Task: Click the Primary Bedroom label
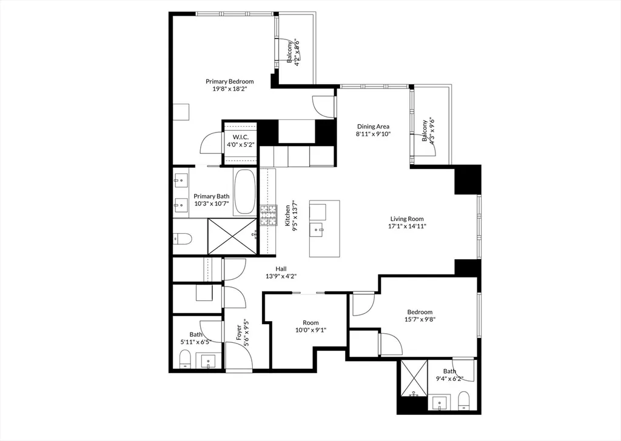pos(229,81)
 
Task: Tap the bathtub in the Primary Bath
pos(245,191)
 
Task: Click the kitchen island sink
pos(318,230)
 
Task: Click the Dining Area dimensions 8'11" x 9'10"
pos(373,134)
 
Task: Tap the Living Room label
pos(406,219)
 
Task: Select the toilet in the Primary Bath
pos(183,239)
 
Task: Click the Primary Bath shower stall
pos(233,236)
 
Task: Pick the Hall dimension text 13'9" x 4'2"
pos(281,276)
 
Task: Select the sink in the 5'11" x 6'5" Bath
pos(209,362)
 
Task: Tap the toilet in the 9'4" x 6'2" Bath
pos(465,400)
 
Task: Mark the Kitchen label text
pos(288,216)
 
